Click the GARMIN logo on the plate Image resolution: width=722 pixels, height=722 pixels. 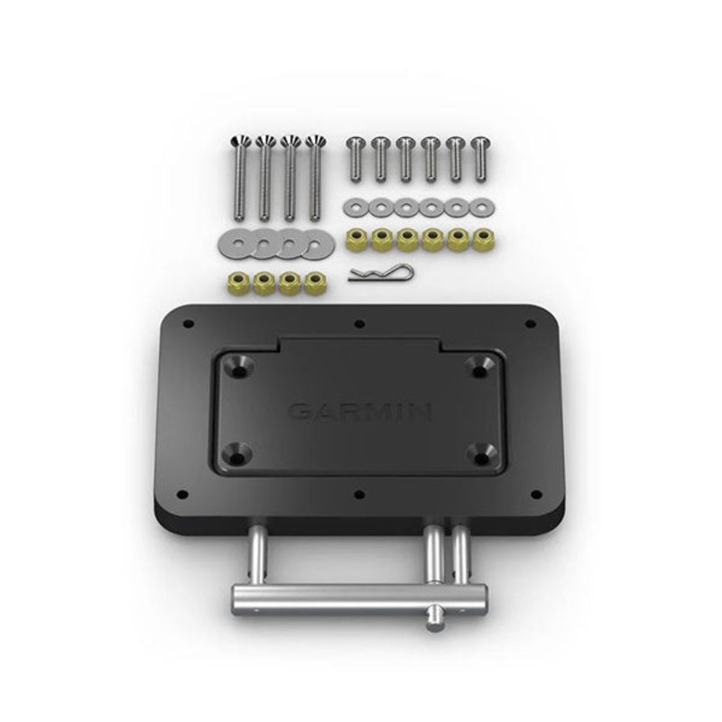[x=358, y=412]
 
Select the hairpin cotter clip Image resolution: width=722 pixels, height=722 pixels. [x=380, y=272]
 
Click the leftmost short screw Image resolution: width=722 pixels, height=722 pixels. [x=356, y=158]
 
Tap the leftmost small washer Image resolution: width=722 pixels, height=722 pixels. [x=355, y=208]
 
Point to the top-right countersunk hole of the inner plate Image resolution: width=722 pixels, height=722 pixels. [x=479, y=366]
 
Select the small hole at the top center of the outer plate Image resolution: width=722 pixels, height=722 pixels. [x=359, y=324]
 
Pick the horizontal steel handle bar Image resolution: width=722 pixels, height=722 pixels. [x=358, y=596]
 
